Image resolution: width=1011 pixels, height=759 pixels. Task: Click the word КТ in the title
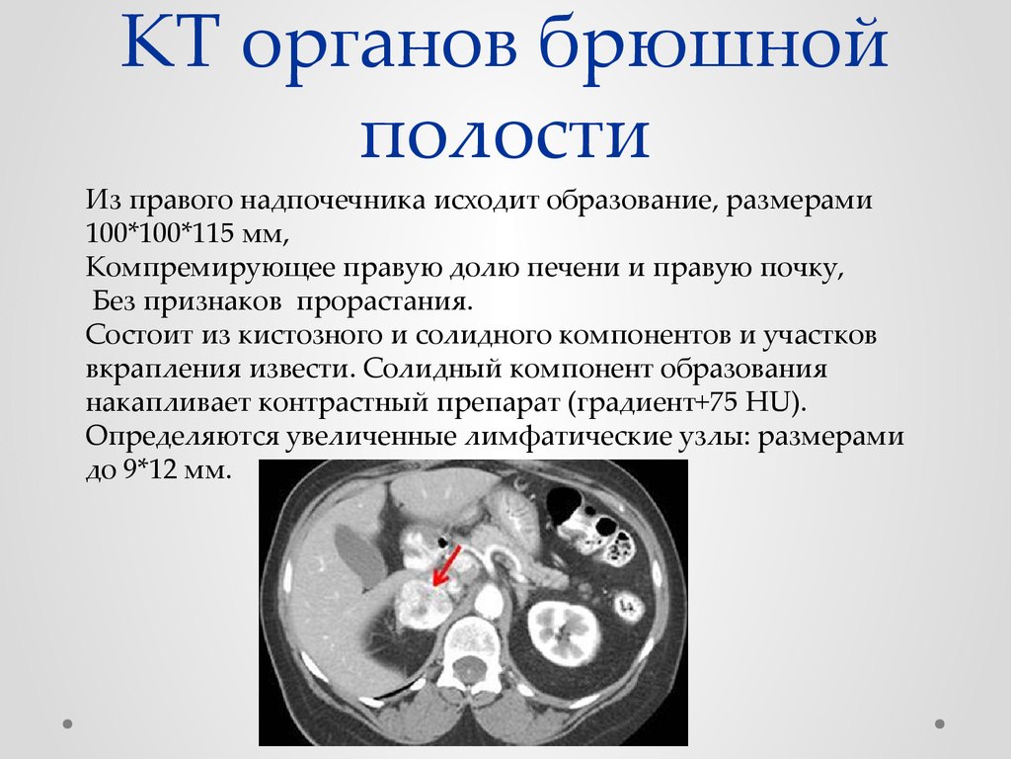pos(167,42)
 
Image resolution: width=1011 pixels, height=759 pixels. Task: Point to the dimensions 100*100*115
pos(159,233)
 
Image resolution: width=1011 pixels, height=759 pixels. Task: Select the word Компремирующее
pos(210,268)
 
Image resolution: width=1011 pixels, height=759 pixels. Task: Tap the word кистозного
pos(321,336)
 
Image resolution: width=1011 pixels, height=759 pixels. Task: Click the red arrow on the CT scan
pos(447,565)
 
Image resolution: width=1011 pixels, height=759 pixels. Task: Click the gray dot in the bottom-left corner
pos(68,723)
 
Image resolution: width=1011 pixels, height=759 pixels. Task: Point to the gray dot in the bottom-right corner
pos(940,723)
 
